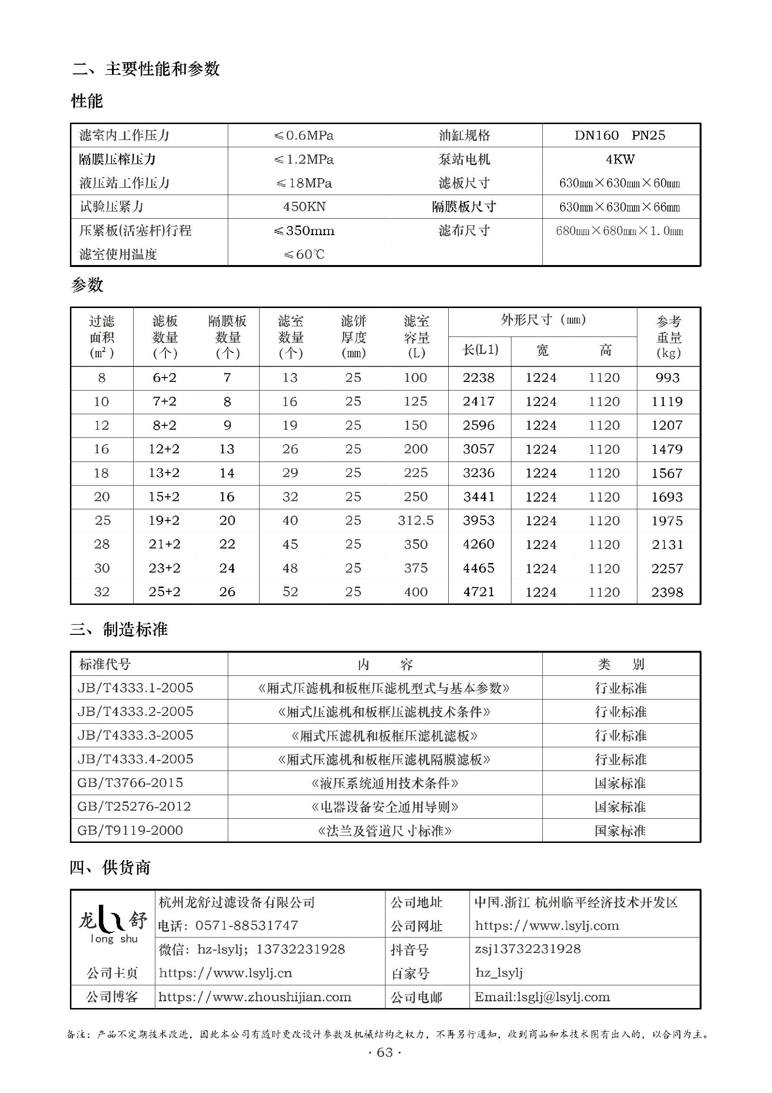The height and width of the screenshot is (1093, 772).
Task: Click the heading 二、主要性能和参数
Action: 146,69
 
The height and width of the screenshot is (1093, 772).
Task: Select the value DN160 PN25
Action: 620,136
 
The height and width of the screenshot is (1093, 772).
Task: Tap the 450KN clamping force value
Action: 304,207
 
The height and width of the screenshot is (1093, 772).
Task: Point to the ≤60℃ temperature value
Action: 304,254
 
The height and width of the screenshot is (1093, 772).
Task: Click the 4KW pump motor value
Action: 620,159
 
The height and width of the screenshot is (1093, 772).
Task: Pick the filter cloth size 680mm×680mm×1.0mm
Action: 620,231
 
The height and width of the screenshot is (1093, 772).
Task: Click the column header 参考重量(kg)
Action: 668,337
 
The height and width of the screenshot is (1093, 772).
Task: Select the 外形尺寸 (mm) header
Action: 543,320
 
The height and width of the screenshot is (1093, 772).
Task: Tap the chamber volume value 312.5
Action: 415,520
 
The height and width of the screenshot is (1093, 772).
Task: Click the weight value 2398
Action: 667,592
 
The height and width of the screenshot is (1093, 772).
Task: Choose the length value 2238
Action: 479,378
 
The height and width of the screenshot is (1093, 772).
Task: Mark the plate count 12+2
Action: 164,449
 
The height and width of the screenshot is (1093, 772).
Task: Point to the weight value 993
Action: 667,378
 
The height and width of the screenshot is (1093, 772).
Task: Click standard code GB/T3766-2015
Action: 130,783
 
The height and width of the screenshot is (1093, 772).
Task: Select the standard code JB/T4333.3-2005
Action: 136,735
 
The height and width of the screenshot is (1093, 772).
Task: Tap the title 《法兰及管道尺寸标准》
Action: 385,831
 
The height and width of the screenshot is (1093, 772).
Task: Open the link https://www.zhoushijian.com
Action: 255,997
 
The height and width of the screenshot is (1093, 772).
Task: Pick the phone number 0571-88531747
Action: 247,926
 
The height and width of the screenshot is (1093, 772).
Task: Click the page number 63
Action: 385,1053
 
